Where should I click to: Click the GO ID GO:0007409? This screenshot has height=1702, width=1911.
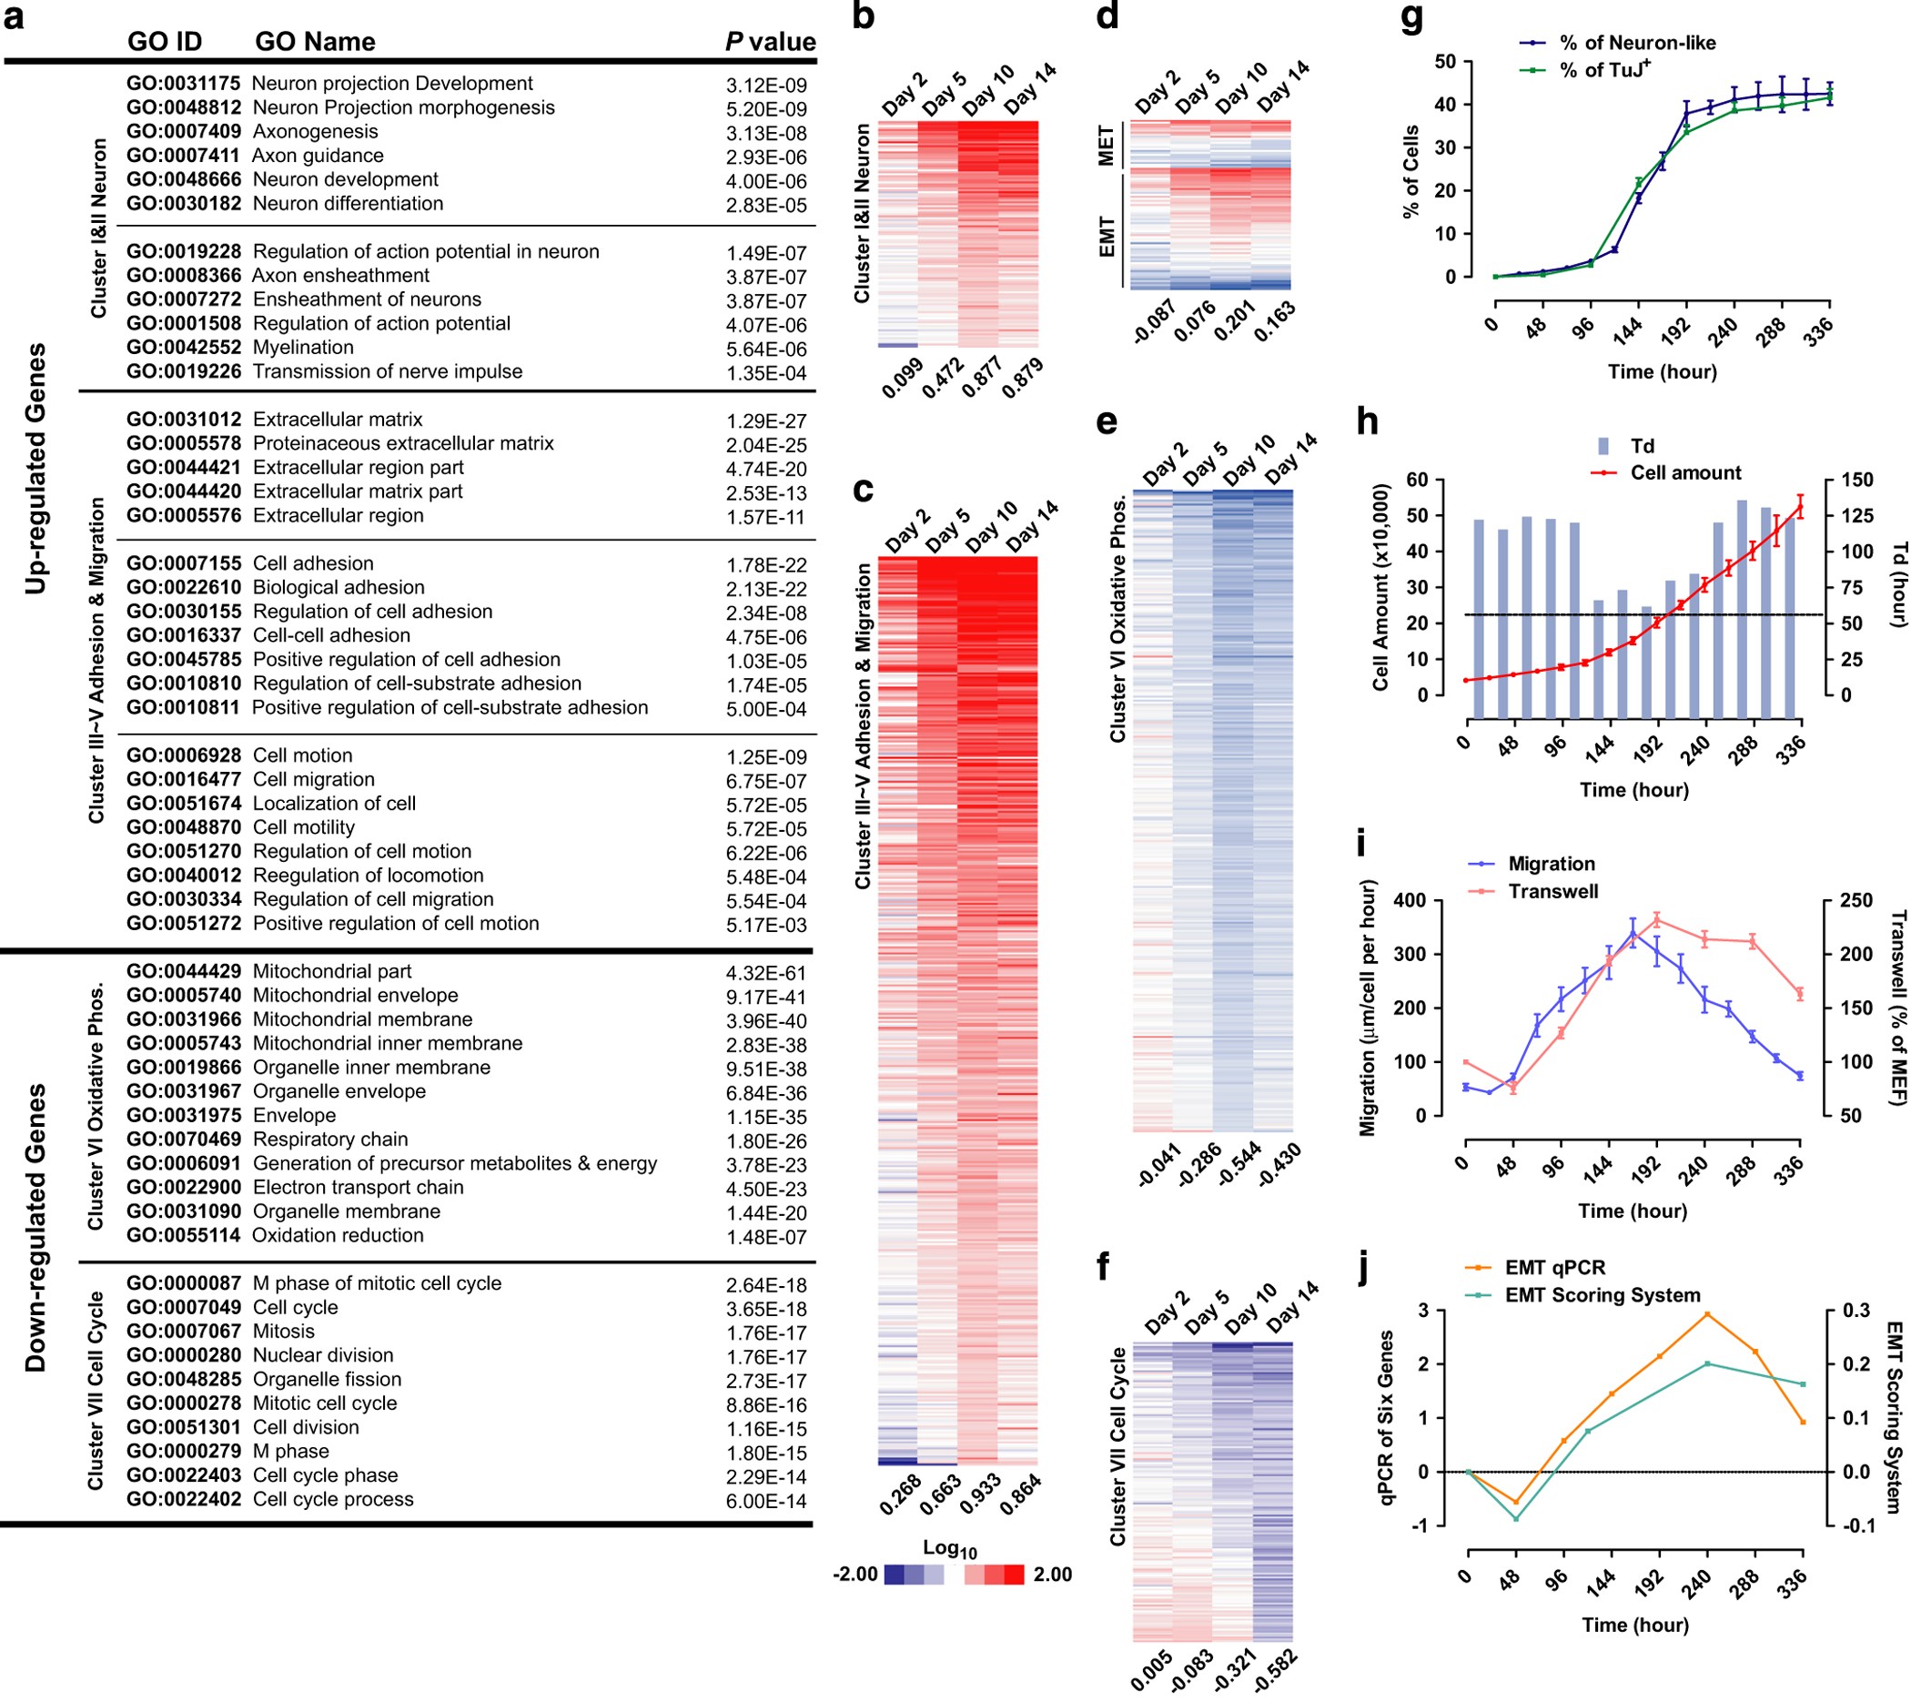(x=183, y=132)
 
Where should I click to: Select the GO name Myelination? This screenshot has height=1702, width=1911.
(x=303, y=348)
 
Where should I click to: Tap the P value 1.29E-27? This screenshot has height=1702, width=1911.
(x=765, y=421)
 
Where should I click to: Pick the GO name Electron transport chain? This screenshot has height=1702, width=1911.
(x=358, y=1188)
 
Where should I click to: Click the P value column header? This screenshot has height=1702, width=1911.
(x=771, y=42)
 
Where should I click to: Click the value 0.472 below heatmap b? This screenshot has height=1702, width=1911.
(x=943, y=378)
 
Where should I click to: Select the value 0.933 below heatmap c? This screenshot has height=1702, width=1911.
(x=981, y=1494)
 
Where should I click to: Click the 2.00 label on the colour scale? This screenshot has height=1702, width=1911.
(x=1052, y=1575)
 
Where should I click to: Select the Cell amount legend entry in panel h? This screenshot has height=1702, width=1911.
(x=1684, y=473)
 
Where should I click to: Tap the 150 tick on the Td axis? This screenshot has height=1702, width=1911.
(x=1857, y=480)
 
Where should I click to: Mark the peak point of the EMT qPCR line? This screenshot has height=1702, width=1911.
(x=1707, y=1314)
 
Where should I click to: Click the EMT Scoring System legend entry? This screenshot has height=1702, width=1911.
(x=1602, y=1295)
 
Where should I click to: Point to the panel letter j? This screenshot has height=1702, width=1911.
(x=1367, y=1269)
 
